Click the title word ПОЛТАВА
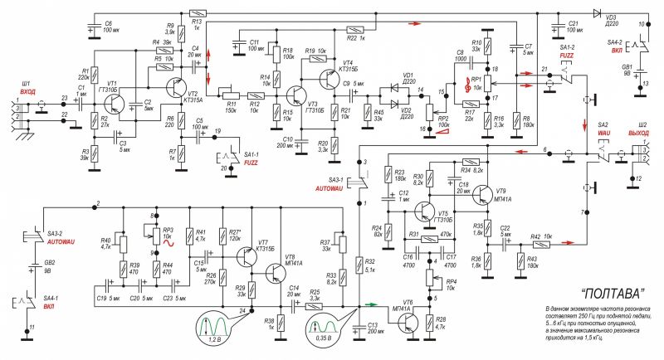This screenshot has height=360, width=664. (590, 292)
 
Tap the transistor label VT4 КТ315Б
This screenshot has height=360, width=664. (346, 67)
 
